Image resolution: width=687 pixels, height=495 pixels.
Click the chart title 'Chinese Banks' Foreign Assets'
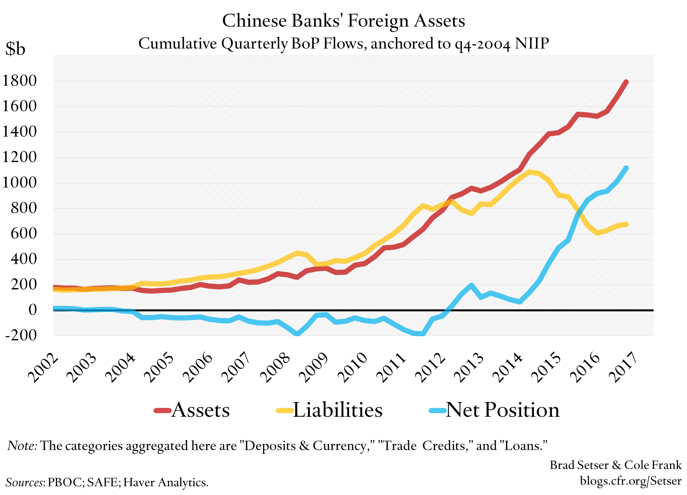[x=343, y=21]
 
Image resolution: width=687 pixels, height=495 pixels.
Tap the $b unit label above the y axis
[x=15, y=49]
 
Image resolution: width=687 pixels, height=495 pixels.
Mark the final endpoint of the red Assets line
[x=626, y=82]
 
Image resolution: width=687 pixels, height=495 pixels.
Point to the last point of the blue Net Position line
[x=626, y=168]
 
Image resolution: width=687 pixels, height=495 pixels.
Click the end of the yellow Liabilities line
[x=626, y=224]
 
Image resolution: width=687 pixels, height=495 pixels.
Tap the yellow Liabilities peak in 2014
[x=530, y=172]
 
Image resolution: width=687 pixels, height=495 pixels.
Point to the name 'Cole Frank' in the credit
[x=653, y=465]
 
